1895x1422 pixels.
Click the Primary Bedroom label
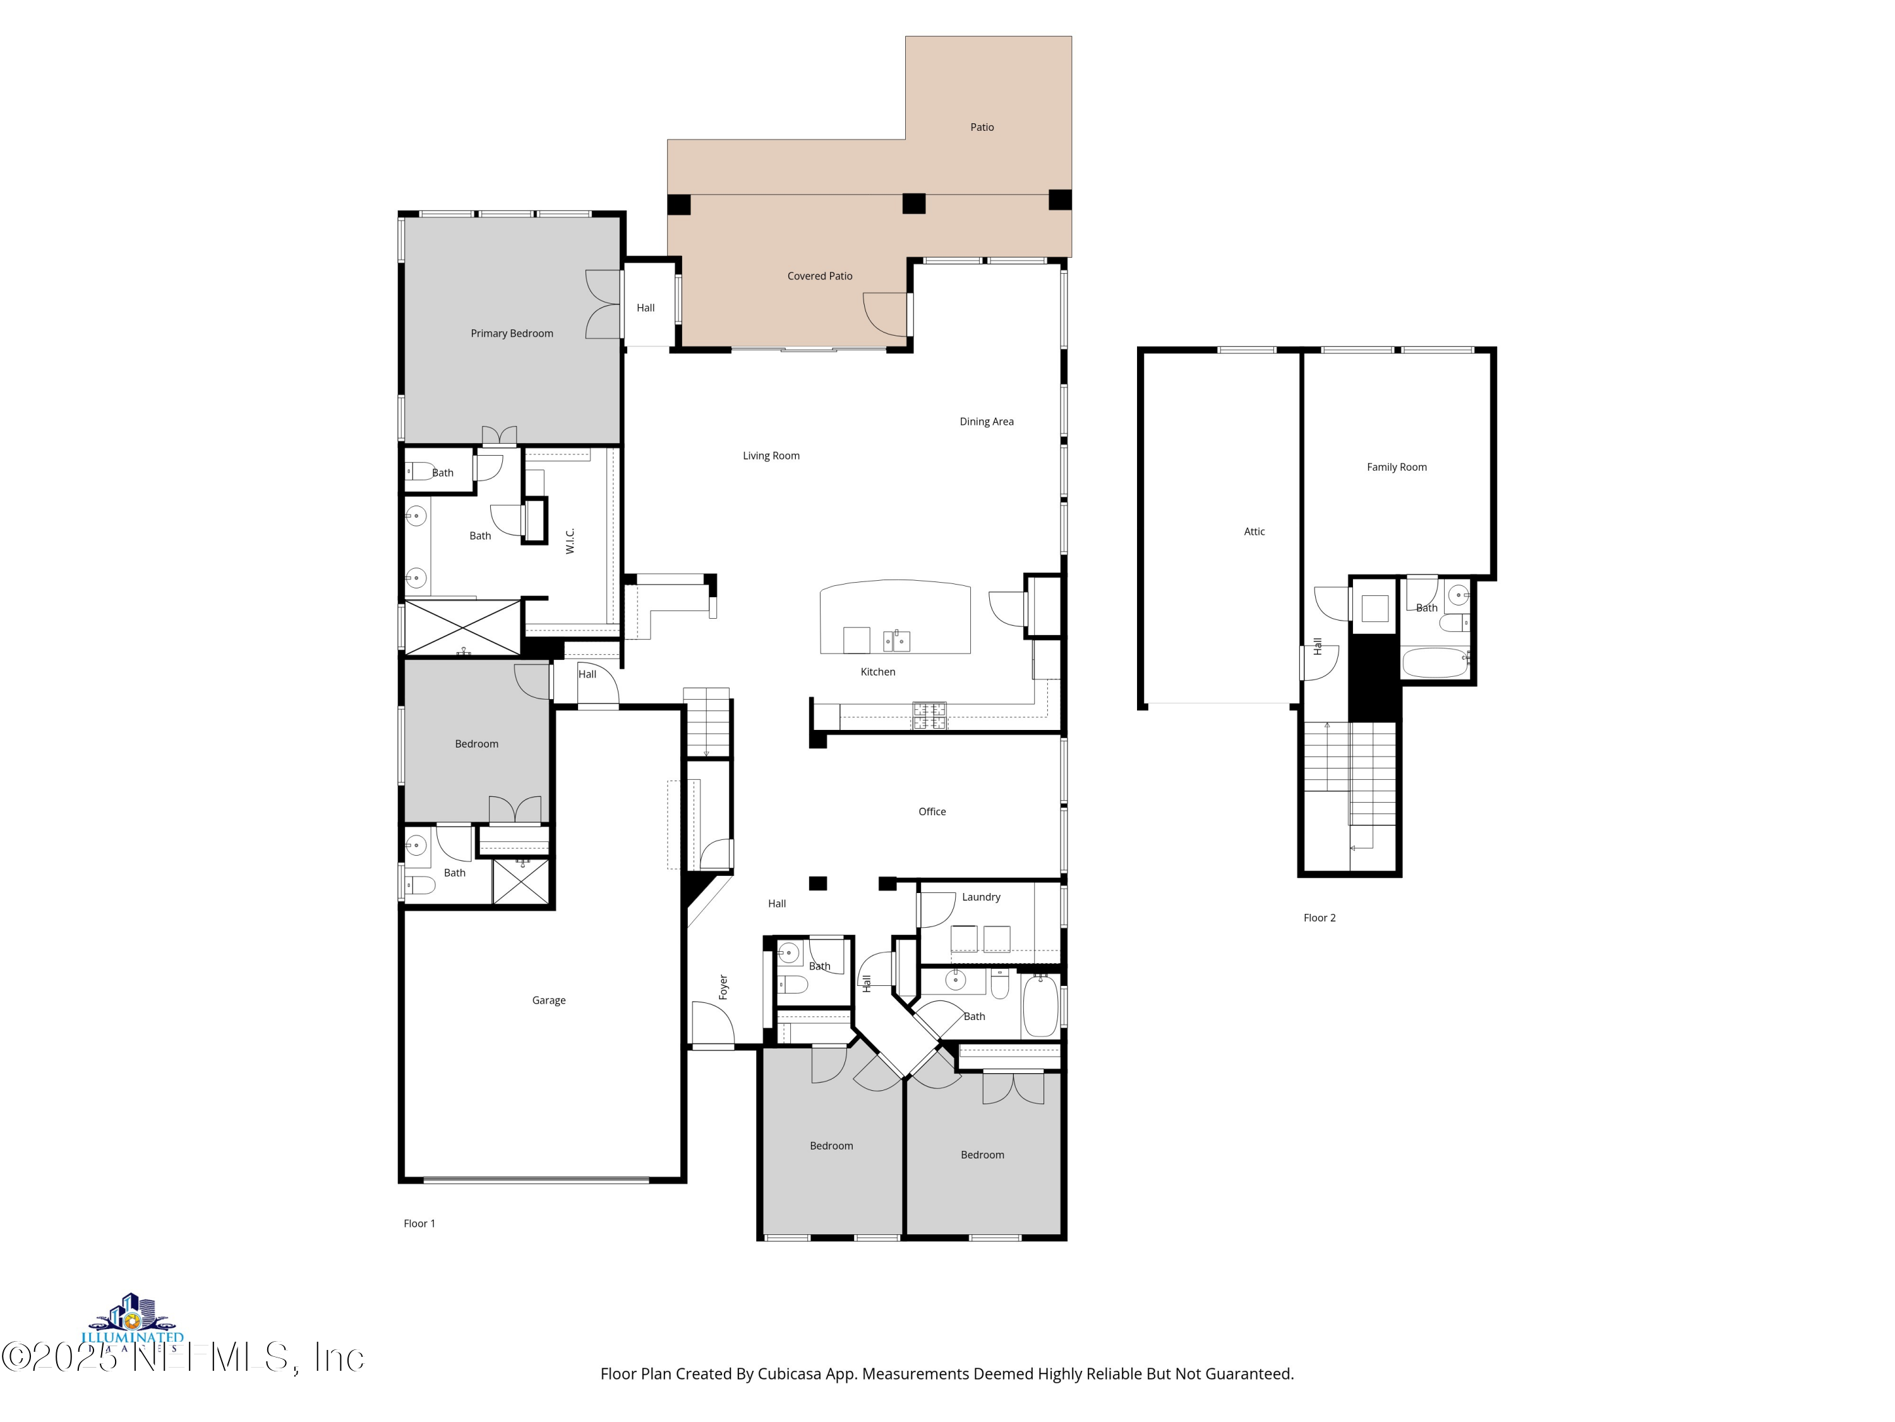coord(512,334)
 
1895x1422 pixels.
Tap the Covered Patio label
coord(819,276)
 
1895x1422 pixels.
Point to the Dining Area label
coord(986,422)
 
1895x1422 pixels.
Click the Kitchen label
coord(877,672)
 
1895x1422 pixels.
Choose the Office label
coord(931,811)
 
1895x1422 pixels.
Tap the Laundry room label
coord(980,897)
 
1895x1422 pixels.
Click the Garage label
coord(548,1000)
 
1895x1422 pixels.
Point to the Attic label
coord(1253,532)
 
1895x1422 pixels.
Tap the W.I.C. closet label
coord(570,541)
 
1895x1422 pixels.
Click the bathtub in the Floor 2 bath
coord(1434,662)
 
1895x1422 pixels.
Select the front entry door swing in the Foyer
coord(713,1024)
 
